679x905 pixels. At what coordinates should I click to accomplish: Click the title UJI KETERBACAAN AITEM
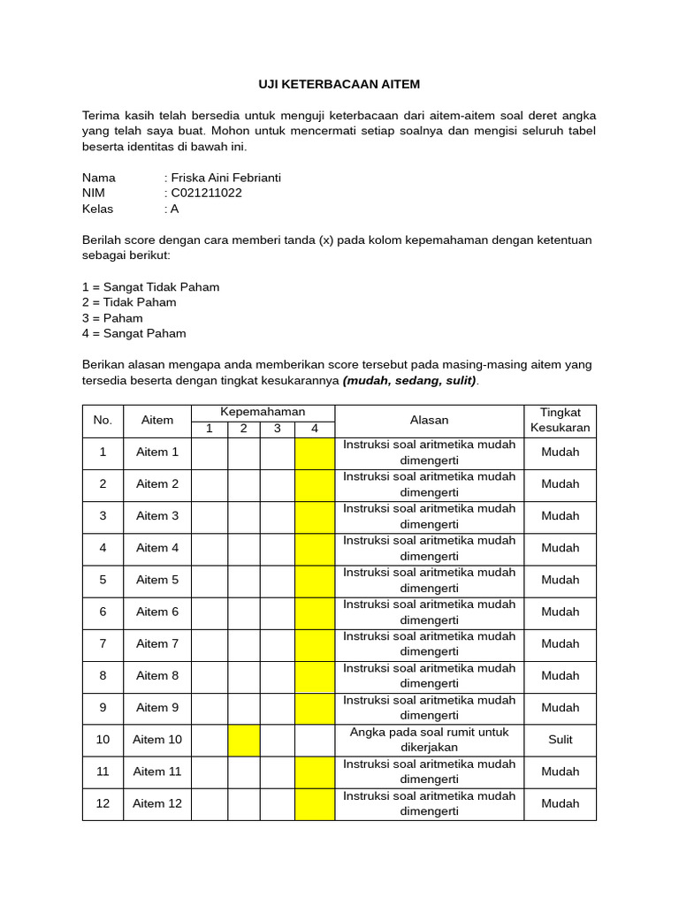[x=339, y=84]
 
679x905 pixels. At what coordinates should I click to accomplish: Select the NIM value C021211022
[x=206, y=193]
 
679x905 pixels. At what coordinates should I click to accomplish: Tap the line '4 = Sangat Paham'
[x=134, y=333]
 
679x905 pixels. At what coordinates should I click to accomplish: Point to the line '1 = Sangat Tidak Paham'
[x=150, y=287]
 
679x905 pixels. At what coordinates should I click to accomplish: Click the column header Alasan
[x=429, y=421]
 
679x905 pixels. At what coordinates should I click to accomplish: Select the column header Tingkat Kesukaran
[x=560, y=421]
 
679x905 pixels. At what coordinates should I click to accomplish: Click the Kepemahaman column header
[x=263, y=413]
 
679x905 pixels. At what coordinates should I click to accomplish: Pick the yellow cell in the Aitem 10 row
[x=244, y=740]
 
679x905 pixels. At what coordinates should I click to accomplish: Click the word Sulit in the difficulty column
[x=560, y=740]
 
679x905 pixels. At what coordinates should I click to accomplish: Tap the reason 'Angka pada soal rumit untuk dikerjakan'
[x=429, y=740]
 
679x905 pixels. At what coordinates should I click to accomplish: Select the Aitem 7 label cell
[x=157, y=643]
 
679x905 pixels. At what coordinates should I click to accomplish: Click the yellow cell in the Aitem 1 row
[x=315, y=452]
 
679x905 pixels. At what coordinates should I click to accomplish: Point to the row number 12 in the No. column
[x=103, y=803]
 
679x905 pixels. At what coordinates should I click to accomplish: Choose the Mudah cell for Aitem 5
[x=560, y=580]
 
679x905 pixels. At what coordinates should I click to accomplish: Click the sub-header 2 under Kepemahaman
[x=244, y=430]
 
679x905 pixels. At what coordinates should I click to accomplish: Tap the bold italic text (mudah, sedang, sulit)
[x=409, y=381]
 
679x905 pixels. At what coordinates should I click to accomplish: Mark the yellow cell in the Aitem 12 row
[x=315, y=803]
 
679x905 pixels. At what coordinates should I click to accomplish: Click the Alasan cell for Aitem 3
[x=429, y=516]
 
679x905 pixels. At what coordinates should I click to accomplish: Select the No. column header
[x=103, y=421]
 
